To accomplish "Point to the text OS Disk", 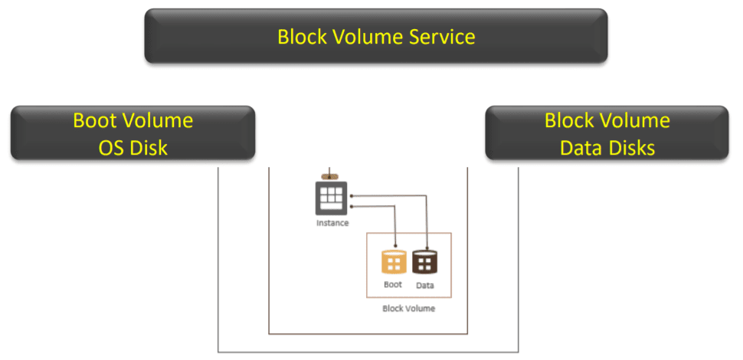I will click(133, 146).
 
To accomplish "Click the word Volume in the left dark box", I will click(161, 120).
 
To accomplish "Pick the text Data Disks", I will click(607, 146).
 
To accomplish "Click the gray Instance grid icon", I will click(332, 198).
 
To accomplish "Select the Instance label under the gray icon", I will click(332, 223).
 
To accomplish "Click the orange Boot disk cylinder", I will click(394, 262).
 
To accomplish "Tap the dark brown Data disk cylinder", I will click(424, 262).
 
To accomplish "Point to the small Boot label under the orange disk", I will click(393, 285).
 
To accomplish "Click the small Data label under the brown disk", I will click(425, 285).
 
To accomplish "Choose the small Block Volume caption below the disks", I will click(408, 309).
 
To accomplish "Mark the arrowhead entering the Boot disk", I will click(394, 247).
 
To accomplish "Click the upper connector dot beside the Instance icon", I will click(352, 196).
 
